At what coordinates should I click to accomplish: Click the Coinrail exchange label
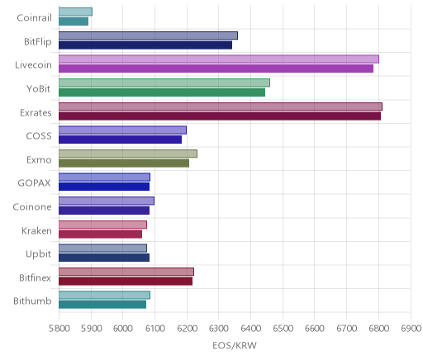34,18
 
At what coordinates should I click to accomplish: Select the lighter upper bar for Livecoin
219,59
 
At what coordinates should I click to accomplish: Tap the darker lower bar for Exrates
220,116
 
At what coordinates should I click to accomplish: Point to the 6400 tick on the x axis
250,329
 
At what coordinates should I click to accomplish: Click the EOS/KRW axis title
235,345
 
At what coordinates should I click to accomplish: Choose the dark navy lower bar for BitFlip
145,45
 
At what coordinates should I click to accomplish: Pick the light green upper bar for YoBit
164,83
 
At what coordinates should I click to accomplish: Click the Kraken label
36,230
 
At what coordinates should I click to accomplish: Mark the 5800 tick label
59,329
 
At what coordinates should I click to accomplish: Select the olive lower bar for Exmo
124,163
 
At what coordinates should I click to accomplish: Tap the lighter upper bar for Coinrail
75,12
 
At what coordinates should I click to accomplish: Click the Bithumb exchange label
32,301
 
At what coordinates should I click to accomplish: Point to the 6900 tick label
411,329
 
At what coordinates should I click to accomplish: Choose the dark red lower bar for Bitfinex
126,282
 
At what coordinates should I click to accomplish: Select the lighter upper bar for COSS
122,130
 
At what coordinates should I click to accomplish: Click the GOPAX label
34,183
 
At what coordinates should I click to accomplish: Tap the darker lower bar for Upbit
104,258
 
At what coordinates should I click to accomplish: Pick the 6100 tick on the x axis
154,329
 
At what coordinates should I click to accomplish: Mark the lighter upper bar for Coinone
107,201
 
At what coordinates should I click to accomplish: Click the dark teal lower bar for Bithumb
102,305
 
